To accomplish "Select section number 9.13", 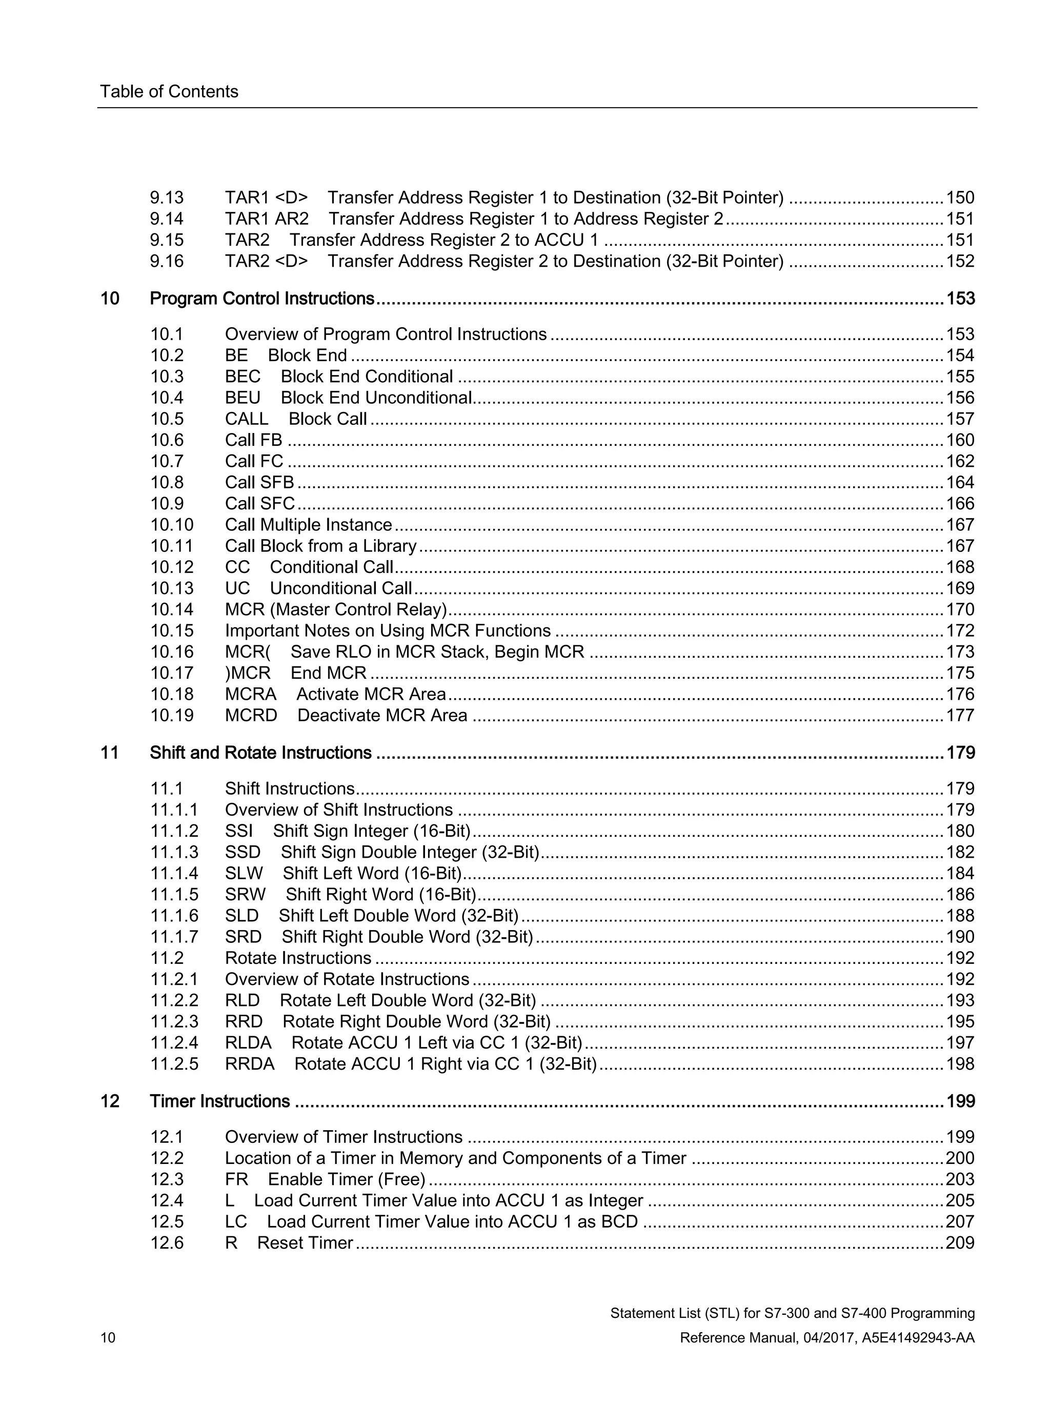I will pyautogui.click(x=167, y=198).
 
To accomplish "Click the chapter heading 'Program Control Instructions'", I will pyautogui.click(x=262, y=299).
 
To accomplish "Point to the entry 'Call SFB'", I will pyautogui.click(x=259, y=483).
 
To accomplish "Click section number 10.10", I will pyautogui.click(x=172, y=525).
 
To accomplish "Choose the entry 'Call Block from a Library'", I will pyautogui.click(x=320, y=546).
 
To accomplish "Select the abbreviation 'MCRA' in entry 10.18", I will pyautogui.click(x=251, y=694).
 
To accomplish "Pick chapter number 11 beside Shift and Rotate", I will pyautogui.click(x=110, y=753).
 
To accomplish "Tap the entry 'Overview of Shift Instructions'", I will pyautogui.click(x=338, y=810).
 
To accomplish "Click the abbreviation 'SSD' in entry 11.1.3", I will pyautogui.click(x=243, y=853).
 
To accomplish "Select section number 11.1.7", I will pyautogui.click(x=174, y=937).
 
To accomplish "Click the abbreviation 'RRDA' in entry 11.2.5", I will pyautogui.click(x=249, y=1064).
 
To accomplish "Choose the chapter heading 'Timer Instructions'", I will pyautogui.click(x=219, y=1101).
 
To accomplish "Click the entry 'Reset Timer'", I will pyautogui.click(x=305, y=1244).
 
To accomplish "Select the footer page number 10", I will pyautogui.click(x=108, y=1338).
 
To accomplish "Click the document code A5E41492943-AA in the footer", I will pyautogui.click(x=918, y=1338).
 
